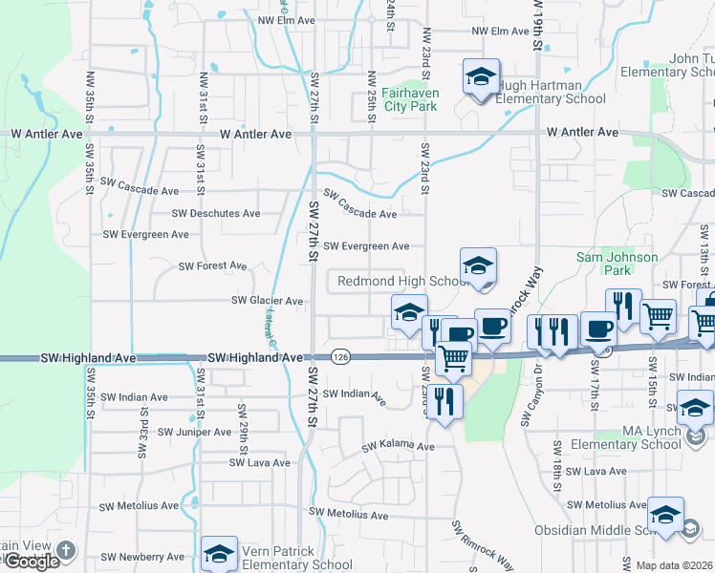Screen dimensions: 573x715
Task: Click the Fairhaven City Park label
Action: [409, 99]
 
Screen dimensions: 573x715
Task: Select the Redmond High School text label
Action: [402, 282]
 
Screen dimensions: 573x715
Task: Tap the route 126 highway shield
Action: [340, 356]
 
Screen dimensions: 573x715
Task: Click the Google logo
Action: [31, 562]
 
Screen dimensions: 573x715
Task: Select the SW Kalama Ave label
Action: [398, 446]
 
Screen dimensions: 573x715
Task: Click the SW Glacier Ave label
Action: [268, 301]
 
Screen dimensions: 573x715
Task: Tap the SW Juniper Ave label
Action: [194, 432]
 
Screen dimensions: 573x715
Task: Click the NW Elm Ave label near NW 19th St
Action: [500, 32]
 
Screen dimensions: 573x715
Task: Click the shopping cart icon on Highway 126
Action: [454, 359]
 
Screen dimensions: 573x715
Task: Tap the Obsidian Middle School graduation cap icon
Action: [665, 515]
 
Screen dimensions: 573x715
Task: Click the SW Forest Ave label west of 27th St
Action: [213, 265]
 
